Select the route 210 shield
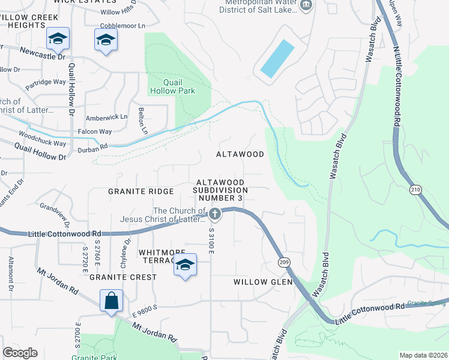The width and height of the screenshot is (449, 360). [415, 190]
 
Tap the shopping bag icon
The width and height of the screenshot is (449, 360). [112, 301]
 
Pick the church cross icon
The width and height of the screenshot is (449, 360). [215, 214]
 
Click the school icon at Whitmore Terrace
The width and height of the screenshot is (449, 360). [185, 265]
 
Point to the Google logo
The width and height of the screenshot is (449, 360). [20, 352]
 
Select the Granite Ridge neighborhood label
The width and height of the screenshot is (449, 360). [140, 191]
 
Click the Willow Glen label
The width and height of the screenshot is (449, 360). [262, 281]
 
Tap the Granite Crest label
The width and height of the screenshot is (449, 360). [123, 277]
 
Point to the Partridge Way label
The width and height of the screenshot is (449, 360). [46, 82]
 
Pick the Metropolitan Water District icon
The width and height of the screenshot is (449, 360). [307, 5]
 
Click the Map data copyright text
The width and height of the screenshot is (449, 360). [423, 355]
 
